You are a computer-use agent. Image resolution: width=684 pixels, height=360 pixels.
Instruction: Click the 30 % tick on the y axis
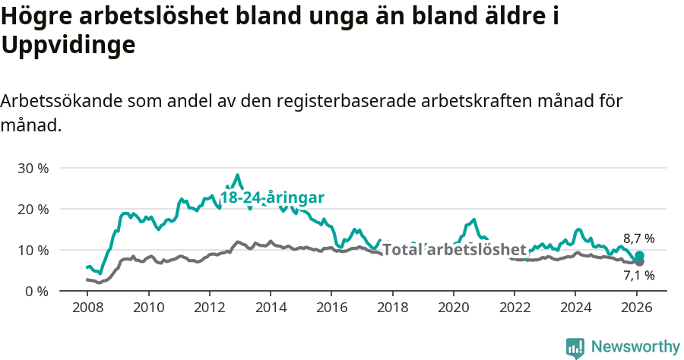pos(33,168)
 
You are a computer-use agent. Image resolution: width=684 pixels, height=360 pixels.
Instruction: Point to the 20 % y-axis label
pos(33,209)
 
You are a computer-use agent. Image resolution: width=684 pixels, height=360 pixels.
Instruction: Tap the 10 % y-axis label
pos(33,250)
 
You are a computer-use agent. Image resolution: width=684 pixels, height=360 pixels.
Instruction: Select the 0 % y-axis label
pos(36,291)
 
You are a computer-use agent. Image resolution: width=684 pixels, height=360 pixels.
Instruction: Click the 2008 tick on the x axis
pos(87,308)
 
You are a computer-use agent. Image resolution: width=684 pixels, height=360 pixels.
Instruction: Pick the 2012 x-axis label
pos(209,308)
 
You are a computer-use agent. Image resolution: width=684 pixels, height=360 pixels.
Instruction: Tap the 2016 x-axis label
pos(331,308)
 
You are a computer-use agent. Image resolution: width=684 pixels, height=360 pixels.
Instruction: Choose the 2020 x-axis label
pos(454,308)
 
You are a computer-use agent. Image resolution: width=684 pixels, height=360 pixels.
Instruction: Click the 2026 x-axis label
pos(637,308)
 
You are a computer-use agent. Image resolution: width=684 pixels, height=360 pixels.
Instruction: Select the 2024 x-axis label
pos(575,308)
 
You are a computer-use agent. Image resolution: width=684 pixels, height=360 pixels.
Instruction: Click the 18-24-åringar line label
pos(273,197)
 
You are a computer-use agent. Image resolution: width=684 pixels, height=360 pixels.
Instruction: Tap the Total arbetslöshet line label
pos(454,250)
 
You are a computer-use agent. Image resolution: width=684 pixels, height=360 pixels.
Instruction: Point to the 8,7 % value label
pos(638,238)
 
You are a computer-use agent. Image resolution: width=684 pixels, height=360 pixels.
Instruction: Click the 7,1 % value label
pos(638,276)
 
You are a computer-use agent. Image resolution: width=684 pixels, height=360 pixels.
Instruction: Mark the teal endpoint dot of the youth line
pos(639,256)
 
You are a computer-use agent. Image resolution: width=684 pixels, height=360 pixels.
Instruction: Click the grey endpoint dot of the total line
pos(639,262)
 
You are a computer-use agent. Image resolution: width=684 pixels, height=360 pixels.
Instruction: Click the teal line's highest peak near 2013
pos(238,175)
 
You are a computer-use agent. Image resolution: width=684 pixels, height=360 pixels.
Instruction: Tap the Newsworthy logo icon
pos(575,347)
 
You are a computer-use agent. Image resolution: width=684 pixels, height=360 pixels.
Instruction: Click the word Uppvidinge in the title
pos(68,46)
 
